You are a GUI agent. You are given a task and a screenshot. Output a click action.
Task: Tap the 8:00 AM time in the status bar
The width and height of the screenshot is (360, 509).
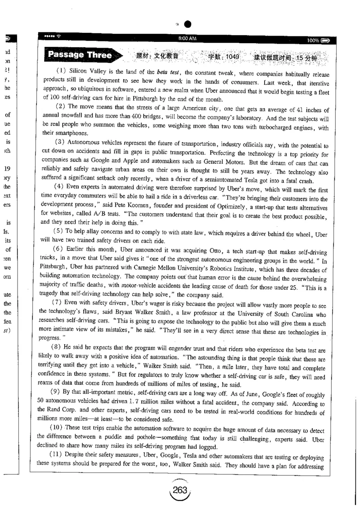click(187, 39)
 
